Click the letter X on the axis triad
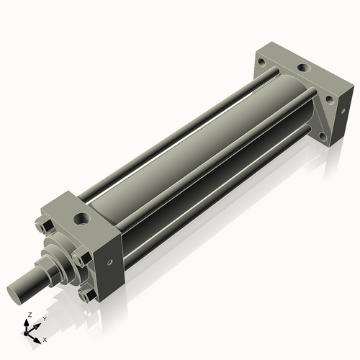point(45,338)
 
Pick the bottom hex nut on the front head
point(87,294)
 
